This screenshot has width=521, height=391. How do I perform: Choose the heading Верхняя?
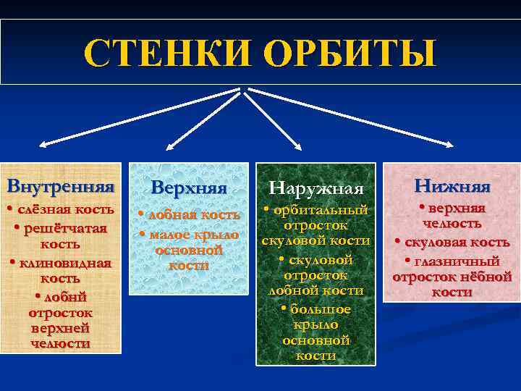[189, 187]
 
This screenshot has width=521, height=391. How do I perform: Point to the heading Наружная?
[315, 188]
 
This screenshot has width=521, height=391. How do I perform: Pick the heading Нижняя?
[452, 186]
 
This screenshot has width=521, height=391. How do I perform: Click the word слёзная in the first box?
[43, 209]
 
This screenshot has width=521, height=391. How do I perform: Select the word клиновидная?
[65, 263]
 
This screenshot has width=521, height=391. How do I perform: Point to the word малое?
[169, 234]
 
